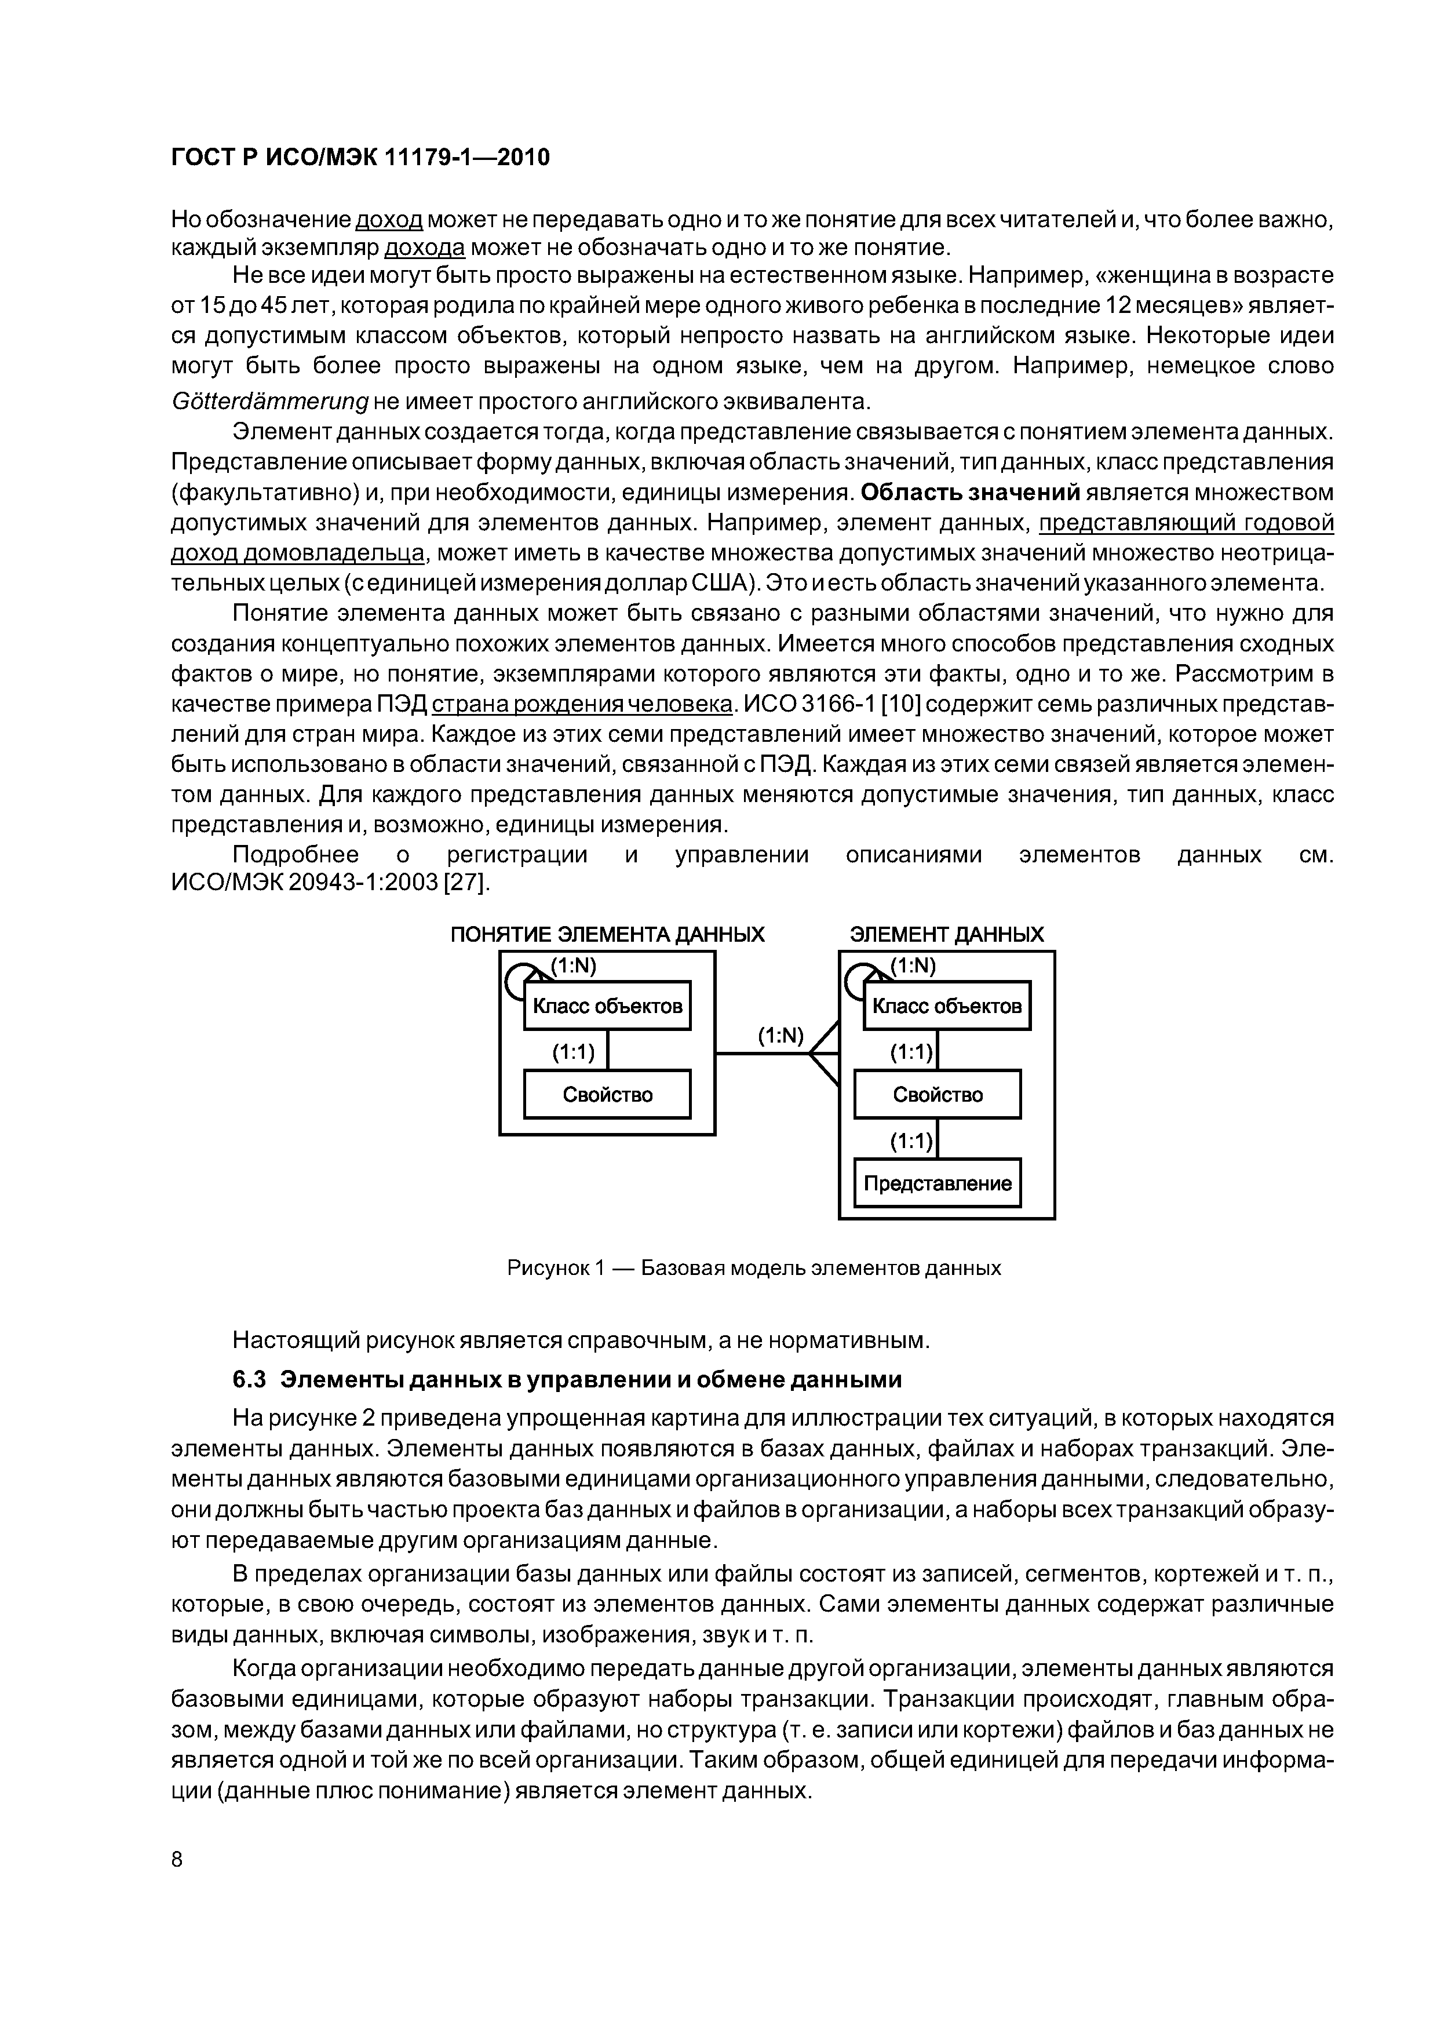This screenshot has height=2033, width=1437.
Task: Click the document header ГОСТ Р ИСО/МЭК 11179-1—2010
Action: click(359, 158)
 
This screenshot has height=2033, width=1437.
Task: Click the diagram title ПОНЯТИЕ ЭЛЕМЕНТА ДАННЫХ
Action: click(607, 935)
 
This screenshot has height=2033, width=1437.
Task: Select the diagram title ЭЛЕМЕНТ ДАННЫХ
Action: click(946, 935)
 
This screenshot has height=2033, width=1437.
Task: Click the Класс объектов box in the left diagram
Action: click(607, 1006)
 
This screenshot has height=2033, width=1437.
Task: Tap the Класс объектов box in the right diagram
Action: click(946, 1006)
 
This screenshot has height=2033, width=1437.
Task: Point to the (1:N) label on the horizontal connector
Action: click(780, 1036)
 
